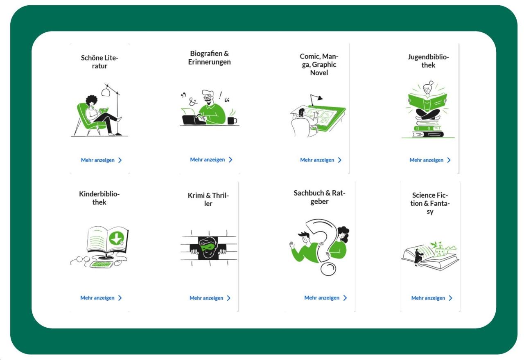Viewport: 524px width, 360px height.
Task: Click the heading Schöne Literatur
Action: click(99, 62)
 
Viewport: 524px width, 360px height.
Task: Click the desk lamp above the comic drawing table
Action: click(316, 100)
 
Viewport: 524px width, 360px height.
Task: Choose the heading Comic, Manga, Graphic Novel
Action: click(319, 65)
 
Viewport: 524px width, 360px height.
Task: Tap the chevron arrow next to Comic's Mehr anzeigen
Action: click(340, 160)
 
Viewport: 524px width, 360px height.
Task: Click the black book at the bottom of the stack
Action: click(428, 135)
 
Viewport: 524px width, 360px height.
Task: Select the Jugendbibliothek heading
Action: click(428, 61)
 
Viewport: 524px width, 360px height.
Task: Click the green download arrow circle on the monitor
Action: click(116, 239)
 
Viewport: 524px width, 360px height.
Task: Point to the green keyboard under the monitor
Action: click(102, 265)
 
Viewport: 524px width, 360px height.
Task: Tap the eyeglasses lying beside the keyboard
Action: click(80, 259)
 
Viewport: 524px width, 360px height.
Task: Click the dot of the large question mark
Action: click(328, 269)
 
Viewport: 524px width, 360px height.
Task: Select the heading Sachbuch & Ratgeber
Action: click(320, 197)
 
